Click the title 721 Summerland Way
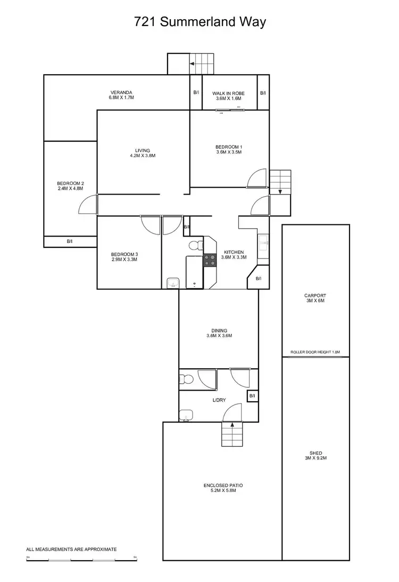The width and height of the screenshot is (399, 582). click(x=199, y=22)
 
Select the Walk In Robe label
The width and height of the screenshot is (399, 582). click(x=229, y=96)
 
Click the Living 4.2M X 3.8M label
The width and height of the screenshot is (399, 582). click(x=143, y=153)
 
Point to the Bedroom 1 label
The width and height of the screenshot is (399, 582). click(x=229, y=149)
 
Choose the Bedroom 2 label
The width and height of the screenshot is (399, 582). click(x=71, y=186)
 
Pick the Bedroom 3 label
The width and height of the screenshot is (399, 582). click(x=124, y=257)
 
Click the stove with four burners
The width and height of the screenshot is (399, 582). click(x=210, y=260)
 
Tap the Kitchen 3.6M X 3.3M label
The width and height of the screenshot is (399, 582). click(x=234, y=255)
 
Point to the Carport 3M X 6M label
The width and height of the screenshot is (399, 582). click(x=315, y=298)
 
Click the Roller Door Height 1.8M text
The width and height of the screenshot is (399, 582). click(x=315, y=352)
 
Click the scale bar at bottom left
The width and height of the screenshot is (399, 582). click(x=81, y=560)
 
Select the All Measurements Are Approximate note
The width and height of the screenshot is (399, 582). click(x=71, y=548)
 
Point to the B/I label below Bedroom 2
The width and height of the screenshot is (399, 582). click(x=70, y=241)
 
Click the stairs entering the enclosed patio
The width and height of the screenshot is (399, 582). click(x=231, y=434)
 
